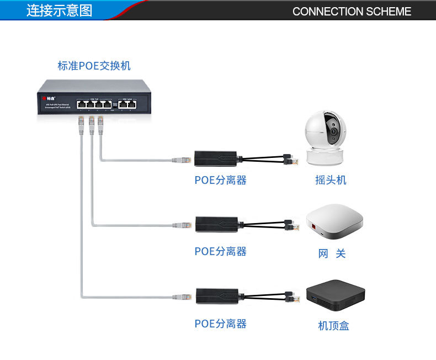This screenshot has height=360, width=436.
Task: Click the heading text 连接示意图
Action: (59, 10)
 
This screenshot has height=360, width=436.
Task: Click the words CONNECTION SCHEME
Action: (352, 12)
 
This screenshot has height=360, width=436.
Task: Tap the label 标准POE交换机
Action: (94, 66)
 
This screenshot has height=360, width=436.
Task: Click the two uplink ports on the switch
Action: (126, 103)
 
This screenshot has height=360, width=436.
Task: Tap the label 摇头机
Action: (331, 180)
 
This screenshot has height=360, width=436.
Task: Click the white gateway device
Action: (334, 223)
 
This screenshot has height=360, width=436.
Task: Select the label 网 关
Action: (332, 253)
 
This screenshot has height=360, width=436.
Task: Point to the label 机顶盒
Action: (333, 326)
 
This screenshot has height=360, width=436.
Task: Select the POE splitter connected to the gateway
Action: (215, 224)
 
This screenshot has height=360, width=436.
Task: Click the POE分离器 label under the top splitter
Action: (220, 180)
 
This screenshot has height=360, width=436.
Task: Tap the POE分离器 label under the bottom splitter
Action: (220, 324)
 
